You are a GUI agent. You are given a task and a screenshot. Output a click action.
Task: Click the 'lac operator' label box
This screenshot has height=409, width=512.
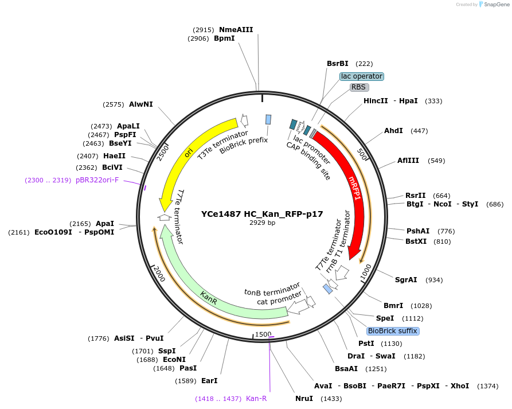(361, 76)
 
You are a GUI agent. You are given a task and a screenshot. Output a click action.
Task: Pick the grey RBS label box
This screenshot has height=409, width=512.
(359, 87)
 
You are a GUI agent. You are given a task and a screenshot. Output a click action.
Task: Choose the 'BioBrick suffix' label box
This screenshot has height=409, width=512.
(393, 331)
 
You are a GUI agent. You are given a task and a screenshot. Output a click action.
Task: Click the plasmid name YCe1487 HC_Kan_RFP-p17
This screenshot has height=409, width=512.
(262, 214)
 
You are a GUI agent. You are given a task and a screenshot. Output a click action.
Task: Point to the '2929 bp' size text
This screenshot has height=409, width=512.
(262, 223)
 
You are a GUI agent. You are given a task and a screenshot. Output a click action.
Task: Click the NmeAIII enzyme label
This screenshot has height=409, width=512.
(236, 30)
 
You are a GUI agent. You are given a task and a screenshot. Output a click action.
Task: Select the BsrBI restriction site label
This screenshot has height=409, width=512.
(338, 64)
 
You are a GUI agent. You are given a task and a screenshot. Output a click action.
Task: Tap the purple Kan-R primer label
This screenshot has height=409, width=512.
(256, 398)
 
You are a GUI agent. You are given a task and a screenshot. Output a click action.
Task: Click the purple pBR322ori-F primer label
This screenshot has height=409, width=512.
(97, 180)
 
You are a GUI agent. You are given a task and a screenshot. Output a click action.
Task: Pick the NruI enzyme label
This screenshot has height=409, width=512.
(304, 398)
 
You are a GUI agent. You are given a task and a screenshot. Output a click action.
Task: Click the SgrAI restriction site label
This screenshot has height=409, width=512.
(406, 280)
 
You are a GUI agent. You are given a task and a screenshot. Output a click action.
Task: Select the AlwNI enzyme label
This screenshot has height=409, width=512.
(140, 104)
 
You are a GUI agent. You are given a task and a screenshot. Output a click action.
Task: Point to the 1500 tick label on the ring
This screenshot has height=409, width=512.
(263, 334)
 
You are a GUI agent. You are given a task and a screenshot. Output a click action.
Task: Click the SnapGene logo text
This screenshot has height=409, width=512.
(494, 5)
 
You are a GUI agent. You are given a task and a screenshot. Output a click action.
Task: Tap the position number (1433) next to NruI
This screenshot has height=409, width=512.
(330, 398)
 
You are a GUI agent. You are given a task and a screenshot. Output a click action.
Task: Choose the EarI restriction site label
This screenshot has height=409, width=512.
(209, 380)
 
